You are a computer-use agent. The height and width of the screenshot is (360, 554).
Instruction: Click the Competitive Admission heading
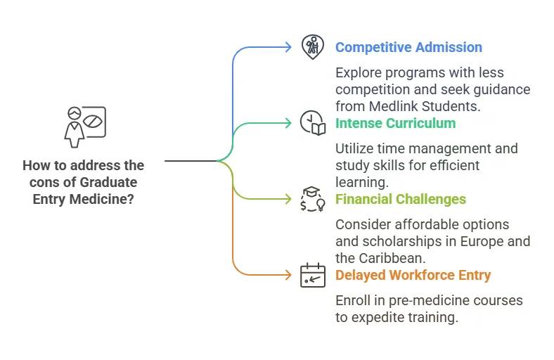tap(408, 47)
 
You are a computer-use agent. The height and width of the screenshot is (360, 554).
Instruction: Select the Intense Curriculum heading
tap(395, 123)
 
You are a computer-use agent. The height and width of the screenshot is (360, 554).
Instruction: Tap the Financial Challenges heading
tap(401, 199)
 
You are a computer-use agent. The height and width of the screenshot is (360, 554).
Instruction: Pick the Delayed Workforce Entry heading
tap(413, 275)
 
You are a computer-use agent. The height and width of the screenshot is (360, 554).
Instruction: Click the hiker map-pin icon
tap(312, 47)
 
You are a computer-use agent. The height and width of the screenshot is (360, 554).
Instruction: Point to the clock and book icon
tap(313, 123)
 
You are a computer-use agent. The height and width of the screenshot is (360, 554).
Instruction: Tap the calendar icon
tap(313, 275)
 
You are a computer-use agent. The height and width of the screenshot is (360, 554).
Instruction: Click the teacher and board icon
tap(85, 127)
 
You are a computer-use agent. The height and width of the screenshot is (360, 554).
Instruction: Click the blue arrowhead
tap(288, 47)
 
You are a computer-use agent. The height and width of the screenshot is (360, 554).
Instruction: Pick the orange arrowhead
tap(288, 275)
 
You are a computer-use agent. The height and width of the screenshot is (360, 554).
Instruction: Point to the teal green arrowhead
tap(288, 123)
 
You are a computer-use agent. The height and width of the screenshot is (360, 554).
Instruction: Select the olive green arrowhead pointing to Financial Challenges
tap(288, 199)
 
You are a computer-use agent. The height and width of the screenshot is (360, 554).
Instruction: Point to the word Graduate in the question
tap(108, 182)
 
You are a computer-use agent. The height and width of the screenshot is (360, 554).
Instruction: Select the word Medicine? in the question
tap(102, 199)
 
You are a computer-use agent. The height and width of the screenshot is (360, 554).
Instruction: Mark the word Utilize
tap(354, 148)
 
